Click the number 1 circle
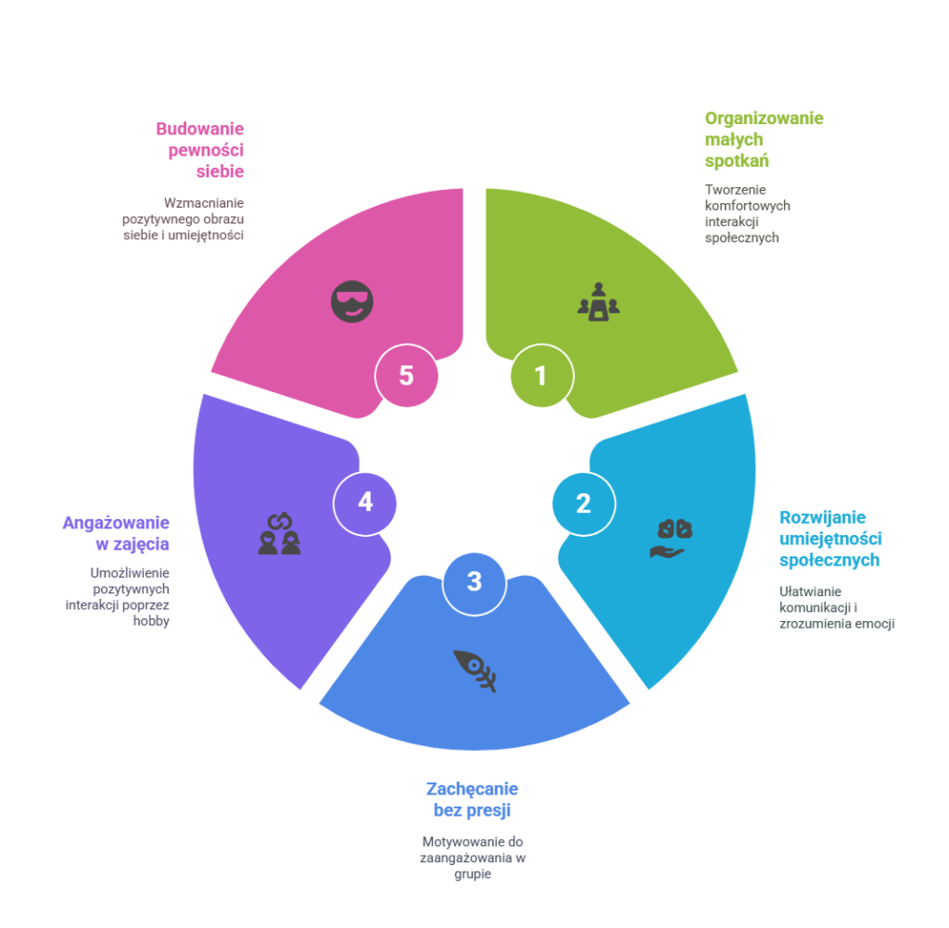(x=541, y=376)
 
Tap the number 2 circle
(x=583, y=503)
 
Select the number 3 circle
(x=474, y=582)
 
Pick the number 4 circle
(x=365, y=502)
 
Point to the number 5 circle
(x=406, y=375)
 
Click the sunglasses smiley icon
(x=352, y=301)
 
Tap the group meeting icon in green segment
(x=598, y=302)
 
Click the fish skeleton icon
(x=474, y=669)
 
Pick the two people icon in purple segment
(x=279, y=534)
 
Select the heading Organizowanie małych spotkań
(x=764, y=139)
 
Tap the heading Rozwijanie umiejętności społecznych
(x=829, y=539)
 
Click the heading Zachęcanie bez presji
(x=472, y=799)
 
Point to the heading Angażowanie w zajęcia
(x=116, y=533)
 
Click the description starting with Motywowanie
(x=473, y=858)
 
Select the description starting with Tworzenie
(x=746, y=213)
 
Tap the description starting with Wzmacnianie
(x=183, y=219)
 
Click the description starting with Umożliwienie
(x=118, y=596)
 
